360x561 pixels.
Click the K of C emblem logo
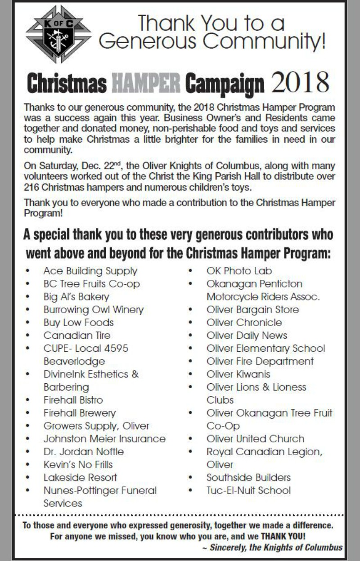(58, 35)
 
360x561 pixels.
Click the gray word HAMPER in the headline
(145, 84)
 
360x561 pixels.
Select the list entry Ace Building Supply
(90, 271)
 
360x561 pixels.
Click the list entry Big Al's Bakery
(76, 297)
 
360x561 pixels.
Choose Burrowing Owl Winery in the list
(93, 310)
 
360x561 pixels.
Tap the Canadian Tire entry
(76, 335)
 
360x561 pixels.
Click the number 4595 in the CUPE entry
(117, 348)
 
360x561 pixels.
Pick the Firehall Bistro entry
(73, 400)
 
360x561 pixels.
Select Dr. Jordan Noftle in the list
(83, 451)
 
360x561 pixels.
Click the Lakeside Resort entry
(80, 477)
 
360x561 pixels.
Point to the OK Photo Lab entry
(239, 271)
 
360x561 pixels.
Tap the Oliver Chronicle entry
(244, 323)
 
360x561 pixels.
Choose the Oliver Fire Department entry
(260, 361)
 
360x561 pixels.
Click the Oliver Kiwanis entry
(238, 374)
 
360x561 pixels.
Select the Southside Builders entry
(248, 477)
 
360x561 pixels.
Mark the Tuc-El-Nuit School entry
(248, 490)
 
